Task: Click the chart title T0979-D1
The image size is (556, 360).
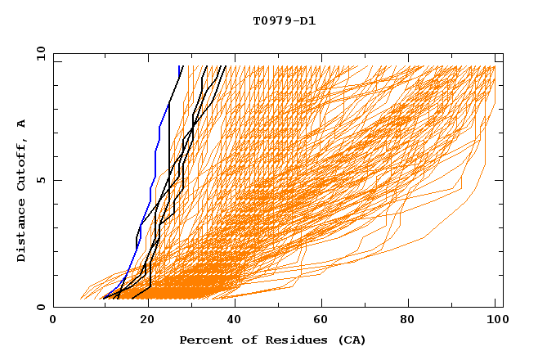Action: pyautogui.click(x=284, y=20)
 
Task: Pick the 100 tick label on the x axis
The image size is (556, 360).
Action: pyautogui.click(x=495, y=320)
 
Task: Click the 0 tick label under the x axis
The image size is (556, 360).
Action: pyautogui.click(x=53, y=320)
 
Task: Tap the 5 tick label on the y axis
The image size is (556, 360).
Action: pyautogui.click(x=39, y=180)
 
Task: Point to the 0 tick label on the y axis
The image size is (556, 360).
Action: pyautogui.click(x=39, y=307)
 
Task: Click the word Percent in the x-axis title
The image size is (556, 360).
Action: pyautogui.click(x=203, y=340)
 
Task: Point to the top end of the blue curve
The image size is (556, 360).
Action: pyautogui.click(x=181, y=67)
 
